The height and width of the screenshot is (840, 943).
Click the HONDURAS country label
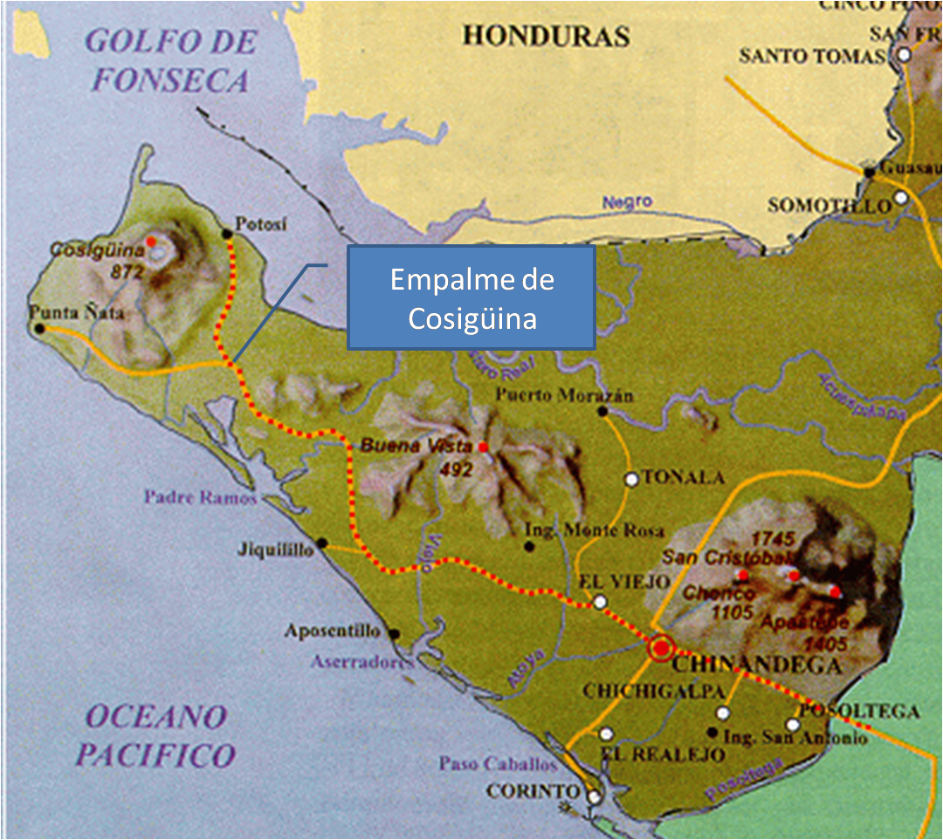pyautogui.click(x=546, y=36)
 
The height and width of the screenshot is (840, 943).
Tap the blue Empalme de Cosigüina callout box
pyautogui.click(x=471, y=297)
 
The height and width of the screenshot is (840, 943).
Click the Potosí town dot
pyautogui.click(x=227, y=233)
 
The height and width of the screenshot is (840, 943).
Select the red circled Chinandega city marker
pyautogui.click(x=662, y=648)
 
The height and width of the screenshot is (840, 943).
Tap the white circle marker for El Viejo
pyautogui.click(x=600, y=602)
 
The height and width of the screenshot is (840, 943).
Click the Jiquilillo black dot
pyautogui.click(x=321, y=543)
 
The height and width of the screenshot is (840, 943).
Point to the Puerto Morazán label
pyautogui.click(x=564, y=395)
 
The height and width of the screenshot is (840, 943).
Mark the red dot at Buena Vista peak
pyautogui.click(x=483, y=447)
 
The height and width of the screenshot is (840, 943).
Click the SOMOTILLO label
pyautogui.click(x=829, y=206)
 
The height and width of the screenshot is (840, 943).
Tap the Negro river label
pyautogui.click(x=627, y=201)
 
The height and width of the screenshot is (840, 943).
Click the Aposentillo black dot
pyautogui.click(x=394, y=634)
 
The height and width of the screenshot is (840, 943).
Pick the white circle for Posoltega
pyautogui.click(x=793, y=724)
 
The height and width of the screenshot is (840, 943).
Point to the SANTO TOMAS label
pyautogui.click(x=812, y=56)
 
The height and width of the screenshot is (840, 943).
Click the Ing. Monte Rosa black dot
pyautogui.click(x=528, y=546)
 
